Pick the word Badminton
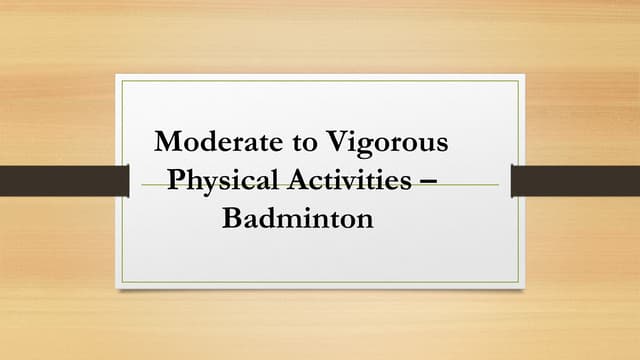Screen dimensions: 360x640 pyautogui.click(x=297, y=217)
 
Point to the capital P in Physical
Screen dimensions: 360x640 pyautogui.click(x=175, y=180)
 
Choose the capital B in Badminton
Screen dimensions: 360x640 pyautogui.click(x=230, y=217)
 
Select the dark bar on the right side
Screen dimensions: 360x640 pyautogui.click(x=575, y=181)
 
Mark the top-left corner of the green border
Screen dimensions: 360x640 pyautogui.click(x=122, y=81)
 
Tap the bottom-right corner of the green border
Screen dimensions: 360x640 pyautogui.click(x=518, y=281)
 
